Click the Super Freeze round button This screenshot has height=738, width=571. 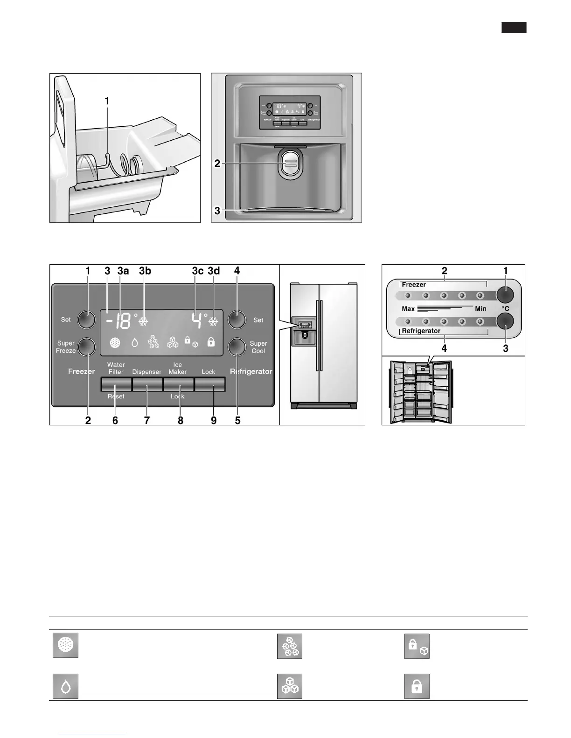(86, 347)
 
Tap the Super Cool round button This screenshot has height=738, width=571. (237, 347)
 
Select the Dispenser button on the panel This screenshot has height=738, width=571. (147, 384)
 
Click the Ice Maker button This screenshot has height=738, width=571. (178, 384)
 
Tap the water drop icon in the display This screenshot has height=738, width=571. (135, 343)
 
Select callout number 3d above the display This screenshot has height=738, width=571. (214, 271)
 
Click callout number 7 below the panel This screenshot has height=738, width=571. (147, 420)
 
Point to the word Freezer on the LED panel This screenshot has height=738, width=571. (414, 284)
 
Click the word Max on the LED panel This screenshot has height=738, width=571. (408, 309)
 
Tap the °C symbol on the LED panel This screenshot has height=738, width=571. (505, 308)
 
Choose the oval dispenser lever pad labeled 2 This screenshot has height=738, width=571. (289, 163)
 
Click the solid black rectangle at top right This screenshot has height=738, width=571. (514, 27)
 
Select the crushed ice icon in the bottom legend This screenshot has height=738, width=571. (290, 646)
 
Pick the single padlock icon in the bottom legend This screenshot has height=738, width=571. (417, 686)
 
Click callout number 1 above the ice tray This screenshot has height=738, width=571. (107, 101)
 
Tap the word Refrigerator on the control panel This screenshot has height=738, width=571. (251, 371)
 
